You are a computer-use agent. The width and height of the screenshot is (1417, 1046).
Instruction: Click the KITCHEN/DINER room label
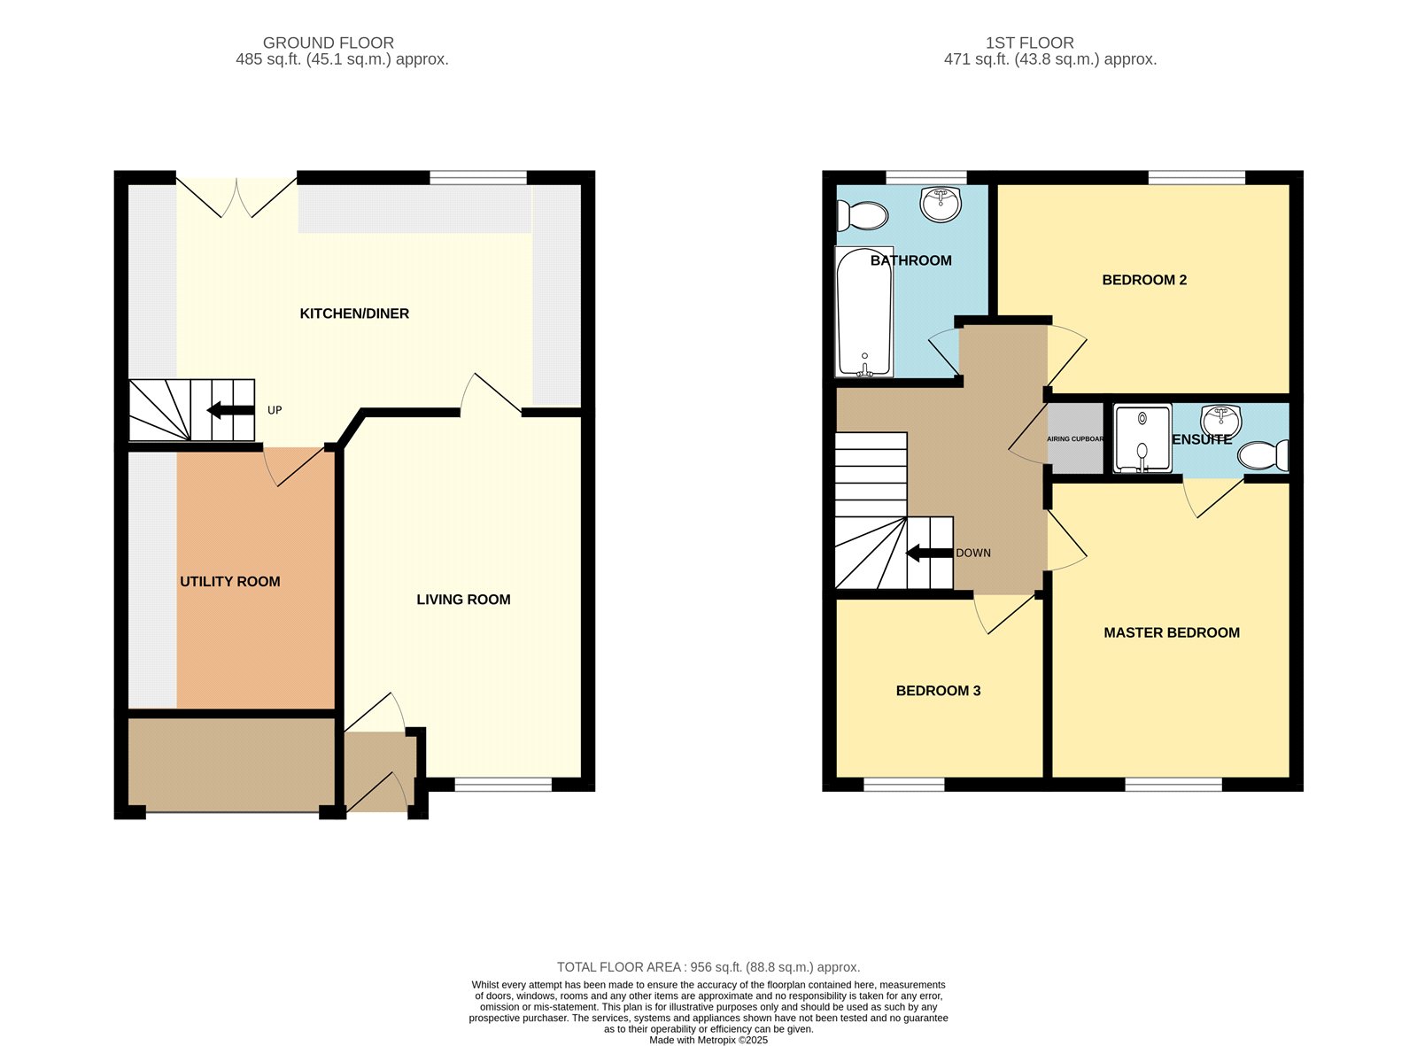click(x=354, y=314)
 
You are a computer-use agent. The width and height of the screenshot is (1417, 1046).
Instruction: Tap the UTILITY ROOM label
click(x=230, y=582)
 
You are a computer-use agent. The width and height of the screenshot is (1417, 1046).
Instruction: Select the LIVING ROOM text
click(x=463, y=600)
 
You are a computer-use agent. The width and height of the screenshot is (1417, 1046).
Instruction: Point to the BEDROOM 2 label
click(x=1144, y=280)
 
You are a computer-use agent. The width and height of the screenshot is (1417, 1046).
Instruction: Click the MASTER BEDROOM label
click(x=1172, y=632)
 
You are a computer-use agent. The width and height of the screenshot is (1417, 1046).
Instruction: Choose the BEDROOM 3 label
click(x=938, y=691)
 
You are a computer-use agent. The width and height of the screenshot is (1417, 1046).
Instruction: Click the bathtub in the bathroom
click(x=864, y=312)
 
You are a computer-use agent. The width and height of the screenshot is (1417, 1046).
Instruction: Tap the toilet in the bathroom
click(x=862, y=216)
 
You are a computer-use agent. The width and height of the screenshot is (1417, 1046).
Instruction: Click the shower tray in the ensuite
click(x=1142, y=438)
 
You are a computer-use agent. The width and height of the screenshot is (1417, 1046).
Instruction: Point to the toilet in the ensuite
click(x=1263, y=455)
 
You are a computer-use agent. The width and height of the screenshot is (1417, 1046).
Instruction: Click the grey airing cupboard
click(x=1075, y=438)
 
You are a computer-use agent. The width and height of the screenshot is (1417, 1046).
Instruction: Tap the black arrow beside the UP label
click(x=230, y=410)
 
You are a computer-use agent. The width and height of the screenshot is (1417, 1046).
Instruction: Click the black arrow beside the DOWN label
click(x=930, y=553)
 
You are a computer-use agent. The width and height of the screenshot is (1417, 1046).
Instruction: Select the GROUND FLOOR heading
click(x=329, y=43)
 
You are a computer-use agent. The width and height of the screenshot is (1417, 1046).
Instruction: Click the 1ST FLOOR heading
click(x=1029, y=43)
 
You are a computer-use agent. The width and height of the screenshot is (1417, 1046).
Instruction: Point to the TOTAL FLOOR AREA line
click(x=708, y=967)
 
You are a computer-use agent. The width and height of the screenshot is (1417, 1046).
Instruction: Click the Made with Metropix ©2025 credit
click(x=708, y=1040)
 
